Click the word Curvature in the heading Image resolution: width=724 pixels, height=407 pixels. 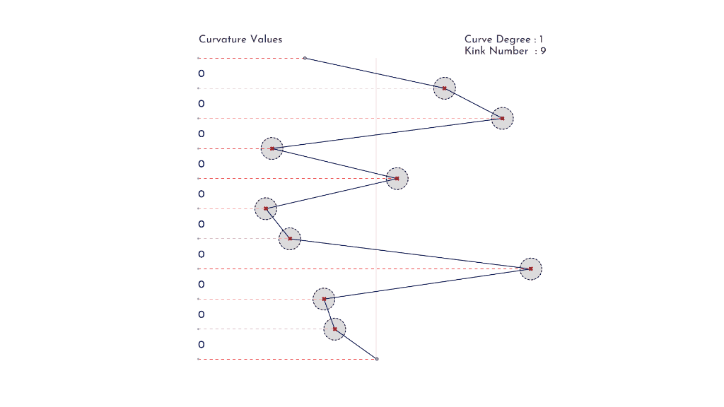222,40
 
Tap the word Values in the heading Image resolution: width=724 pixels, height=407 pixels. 266,40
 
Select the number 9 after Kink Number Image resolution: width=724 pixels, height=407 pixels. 543,51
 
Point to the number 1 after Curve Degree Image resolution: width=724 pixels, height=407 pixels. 541,40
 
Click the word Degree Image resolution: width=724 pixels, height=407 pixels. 513,40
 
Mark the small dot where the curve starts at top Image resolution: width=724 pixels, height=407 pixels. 305,58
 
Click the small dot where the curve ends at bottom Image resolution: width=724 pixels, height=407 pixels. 377,359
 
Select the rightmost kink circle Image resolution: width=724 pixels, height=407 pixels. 530,269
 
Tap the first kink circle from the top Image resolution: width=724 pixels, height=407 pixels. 444,88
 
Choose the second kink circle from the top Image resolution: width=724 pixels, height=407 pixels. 503,119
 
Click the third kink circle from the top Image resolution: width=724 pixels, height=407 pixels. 272,148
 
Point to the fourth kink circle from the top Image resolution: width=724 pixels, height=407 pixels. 397,179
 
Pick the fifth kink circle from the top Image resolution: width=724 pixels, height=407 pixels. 266,208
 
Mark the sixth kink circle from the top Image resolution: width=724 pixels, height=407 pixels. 290,239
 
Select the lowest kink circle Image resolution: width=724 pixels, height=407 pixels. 334,329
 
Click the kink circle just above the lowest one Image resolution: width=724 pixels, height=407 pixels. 324,299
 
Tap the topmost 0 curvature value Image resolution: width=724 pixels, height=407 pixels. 202,73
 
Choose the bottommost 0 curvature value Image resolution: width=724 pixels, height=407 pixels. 202,344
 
